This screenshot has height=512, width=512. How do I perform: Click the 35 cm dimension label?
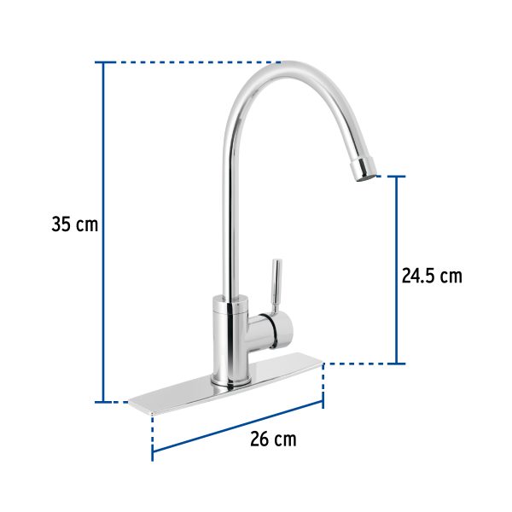(75, 225)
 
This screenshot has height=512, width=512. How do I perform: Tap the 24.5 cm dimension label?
(431, 276)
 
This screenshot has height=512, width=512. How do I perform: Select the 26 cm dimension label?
(273, 439)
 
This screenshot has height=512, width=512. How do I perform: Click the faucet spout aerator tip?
(364, 168)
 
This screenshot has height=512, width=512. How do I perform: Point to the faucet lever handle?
(275, 286)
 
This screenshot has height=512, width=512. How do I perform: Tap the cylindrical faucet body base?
(230, 341)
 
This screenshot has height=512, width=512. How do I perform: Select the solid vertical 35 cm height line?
(104, 230)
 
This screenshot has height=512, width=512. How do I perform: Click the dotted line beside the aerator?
(384, 177)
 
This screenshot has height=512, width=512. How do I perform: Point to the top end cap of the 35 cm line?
(104, 62)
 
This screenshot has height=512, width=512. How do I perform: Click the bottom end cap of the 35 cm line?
(104, 401)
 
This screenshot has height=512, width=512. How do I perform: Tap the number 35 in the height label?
(62, 225)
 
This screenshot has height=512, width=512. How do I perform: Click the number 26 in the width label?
(259, 439)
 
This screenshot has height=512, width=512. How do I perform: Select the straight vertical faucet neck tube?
(231, 213)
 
